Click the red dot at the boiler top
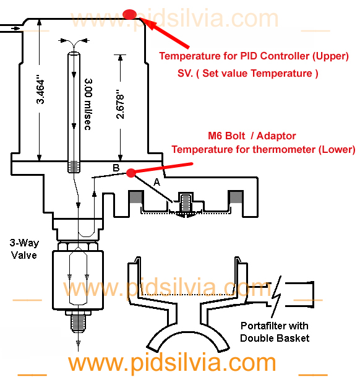129,14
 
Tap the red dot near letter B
131,173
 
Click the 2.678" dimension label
120,104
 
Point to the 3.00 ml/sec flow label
88,104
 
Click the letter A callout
156,182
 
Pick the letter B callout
116,168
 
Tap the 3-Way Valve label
24,249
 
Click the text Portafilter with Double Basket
275,332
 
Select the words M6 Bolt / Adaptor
252,136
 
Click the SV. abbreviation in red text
185,73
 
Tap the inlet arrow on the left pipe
15,28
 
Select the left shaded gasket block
136,197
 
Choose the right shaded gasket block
236,197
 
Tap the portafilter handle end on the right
300,295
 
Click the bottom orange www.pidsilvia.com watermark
172,363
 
